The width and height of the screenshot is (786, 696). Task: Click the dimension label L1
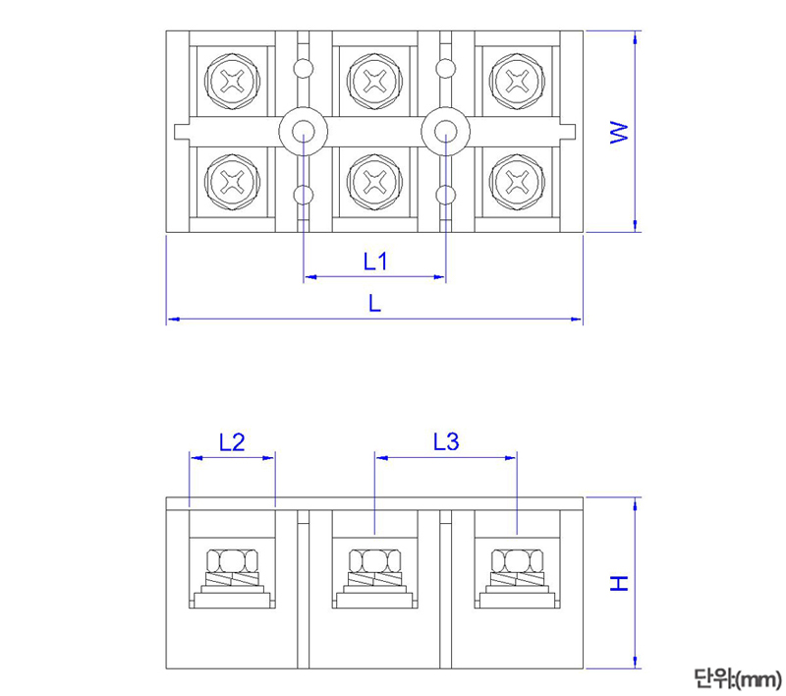(x=375, y=261)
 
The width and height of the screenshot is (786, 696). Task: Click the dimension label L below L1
(x=374, y=304)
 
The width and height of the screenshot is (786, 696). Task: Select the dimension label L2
(x=232, y=442)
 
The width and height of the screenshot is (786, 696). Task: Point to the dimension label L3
(x=445, y=442)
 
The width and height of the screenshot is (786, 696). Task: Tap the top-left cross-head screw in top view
(x=232, y=82)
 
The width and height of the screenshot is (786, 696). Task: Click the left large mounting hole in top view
(x=304, y=131)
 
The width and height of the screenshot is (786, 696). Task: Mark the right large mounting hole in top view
(x=446, y=131)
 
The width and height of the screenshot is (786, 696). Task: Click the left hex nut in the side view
(x=232, y=561)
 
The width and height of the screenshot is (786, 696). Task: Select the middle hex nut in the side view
(x=374, y=561)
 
